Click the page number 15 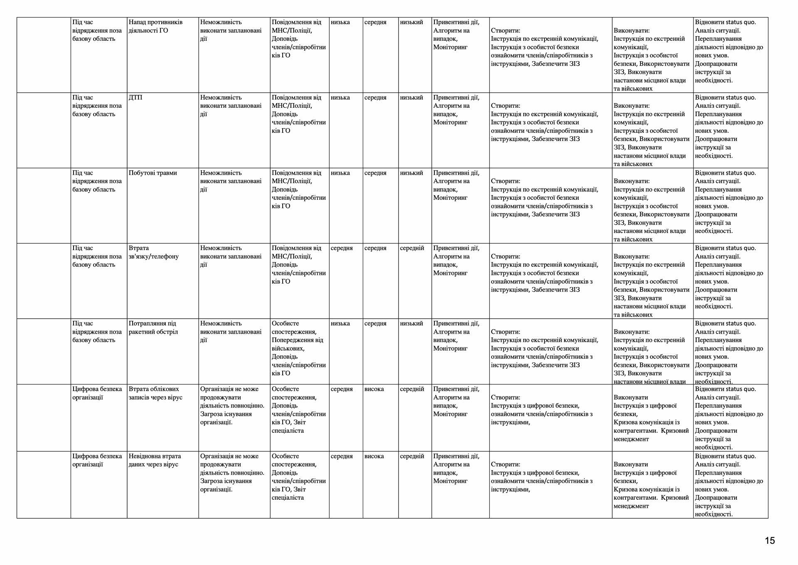click(770, 540)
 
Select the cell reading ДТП click(135, 98)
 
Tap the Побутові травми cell click(153, 173)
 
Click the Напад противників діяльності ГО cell click(155, 26)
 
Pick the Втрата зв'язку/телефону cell click(153, 252)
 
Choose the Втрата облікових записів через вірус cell click(155, 393)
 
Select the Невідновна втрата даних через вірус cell click(155, 460)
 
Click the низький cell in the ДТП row click(411, 98)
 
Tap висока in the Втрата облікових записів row click(374, 389)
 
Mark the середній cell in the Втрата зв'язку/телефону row click(412, 248)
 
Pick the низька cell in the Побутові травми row click(340, 173)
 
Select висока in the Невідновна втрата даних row click(374, 456)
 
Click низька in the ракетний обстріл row click(340, 324)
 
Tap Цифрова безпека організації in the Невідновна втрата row click(97, 460)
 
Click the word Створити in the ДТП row click(505, 106)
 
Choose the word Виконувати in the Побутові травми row click(631, 181)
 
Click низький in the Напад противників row click(411, 22)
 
